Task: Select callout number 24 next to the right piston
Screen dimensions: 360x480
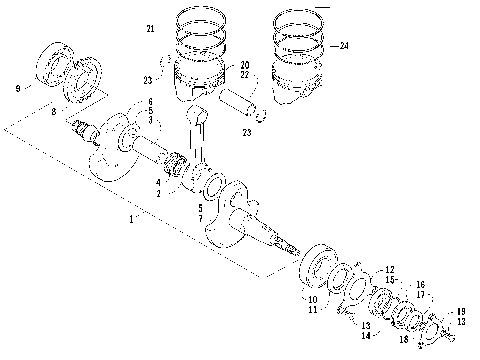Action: [x=344, y=46]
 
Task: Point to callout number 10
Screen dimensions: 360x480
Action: [x=311, y=299]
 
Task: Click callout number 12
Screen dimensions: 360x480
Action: [x=390, y=269]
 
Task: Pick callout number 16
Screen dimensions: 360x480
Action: [x=420, y=285]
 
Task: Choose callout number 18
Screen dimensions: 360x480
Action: [x=405, y=341]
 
